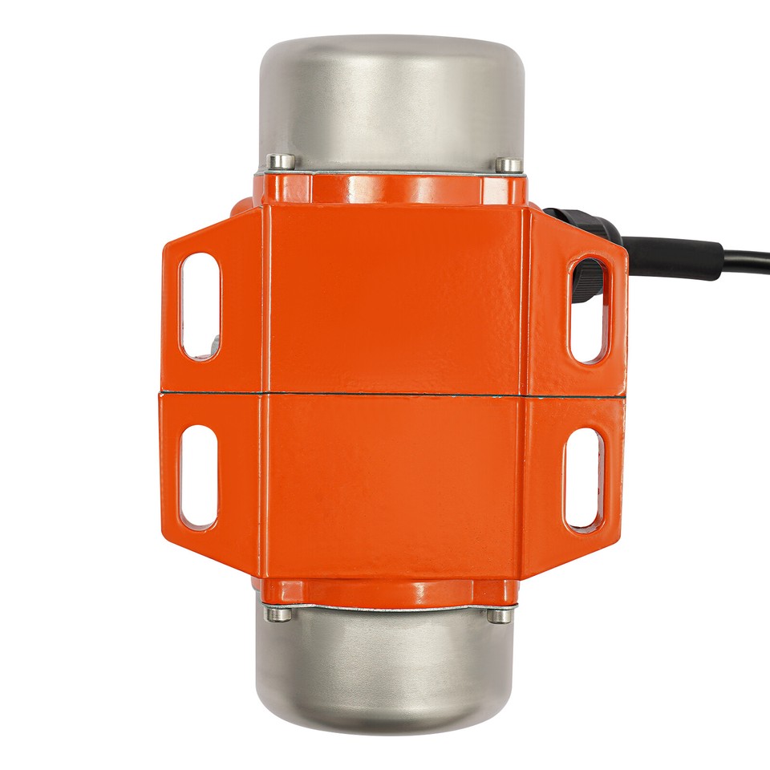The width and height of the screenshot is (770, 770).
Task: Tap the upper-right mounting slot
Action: (587, 310)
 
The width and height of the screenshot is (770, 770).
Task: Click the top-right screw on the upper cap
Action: (508, 165)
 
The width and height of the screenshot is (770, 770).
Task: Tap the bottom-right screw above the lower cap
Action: (499, 616)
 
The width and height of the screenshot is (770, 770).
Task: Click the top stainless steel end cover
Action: (391, 96)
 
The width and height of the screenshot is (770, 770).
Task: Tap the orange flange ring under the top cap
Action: (391, 188)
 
